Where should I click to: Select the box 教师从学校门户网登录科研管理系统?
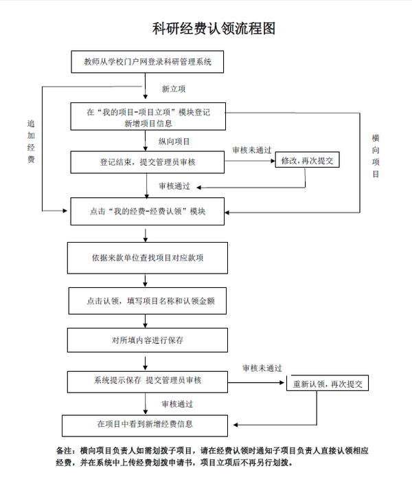148,62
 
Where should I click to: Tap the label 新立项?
173,89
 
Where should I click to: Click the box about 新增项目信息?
148,116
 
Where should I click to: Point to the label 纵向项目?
174,141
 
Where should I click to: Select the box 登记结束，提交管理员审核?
148,162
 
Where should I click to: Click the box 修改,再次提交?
308,160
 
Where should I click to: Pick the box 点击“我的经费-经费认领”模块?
148,211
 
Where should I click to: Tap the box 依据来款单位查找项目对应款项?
147,258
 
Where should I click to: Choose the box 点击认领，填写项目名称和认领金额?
147,301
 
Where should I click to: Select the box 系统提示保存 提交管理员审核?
147,380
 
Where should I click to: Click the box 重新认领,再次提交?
327,383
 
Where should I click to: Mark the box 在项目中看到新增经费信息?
144,423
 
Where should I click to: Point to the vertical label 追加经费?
30,142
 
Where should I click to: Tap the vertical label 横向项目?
376,156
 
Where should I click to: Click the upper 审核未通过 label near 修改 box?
251,150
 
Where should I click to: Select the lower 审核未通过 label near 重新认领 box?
262,368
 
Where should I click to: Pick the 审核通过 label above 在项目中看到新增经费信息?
176,403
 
